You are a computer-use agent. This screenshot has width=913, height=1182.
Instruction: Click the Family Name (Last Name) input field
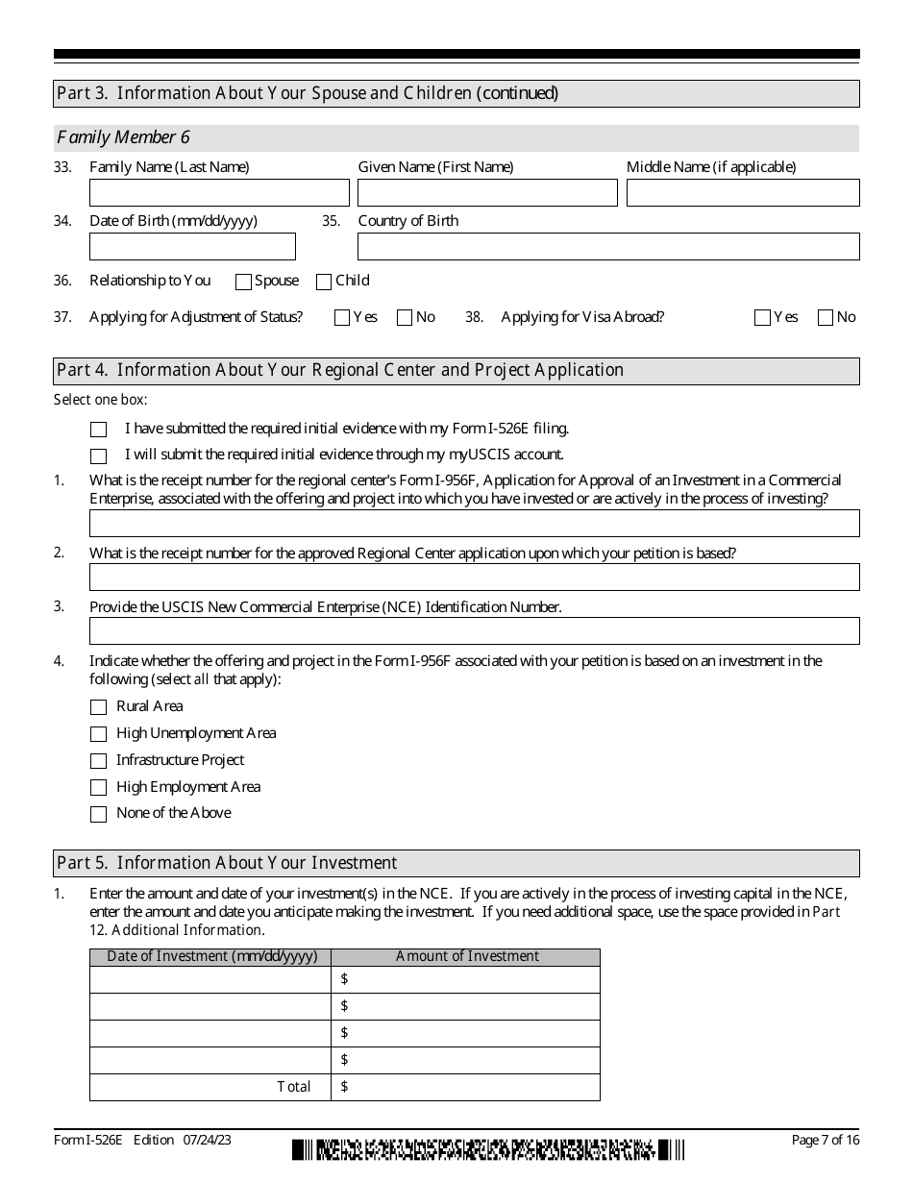tap(219, 193)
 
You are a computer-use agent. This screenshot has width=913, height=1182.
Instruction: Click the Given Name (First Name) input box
tap(487, 193)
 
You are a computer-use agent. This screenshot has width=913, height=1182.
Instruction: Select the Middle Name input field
tap(743, 193)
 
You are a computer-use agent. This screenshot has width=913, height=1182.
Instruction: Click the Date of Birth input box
tap(192, 247)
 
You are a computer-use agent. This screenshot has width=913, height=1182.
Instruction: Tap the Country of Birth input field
tap(608, 247)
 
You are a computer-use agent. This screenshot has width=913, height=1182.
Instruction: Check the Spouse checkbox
tap(243, 282)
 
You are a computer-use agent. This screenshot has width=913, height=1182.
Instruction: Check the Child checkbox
tap(324, 282)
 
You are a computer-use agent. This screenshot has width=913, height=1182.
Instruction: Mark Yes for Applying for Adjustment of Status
tap(342, 318)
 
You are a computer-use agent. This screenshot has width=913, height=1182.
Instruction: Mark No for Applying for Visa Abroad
tap(826, 318)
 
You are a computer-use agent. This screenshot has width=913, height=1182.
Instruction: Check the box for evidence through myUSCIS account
tap(98, 456)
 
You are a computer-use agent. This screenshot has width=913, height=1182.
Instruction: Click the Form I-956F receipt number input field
tap(474, 524)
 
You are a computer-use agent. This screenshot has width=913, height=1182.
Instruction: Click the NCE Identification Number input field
tap(474, 631)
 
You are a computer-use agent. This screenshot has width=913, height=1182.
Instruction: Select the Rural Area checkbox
tap(98, 707)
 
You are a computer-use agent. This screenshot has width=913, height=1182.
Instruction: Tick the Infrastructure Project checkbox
tap(98, 761)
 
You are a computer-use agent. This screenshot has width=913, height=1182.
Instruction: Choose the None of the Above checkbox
tap(98, 814)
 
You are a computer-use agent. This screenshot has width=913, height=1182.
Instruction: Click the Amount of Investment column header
tap(467, 957)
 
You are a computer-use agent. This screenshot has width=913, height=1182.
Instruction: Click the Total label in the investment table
tap(294, 1087)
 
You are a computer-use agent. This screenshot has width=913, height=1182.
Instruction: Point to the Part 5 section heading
tap(227, 863)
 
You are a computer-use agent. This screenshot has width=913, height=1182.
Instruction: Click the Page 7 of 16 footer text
tap(825, 1141)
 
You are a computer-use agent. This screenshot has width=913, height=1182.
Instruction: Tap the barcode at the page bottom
tap(488, 1149)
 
